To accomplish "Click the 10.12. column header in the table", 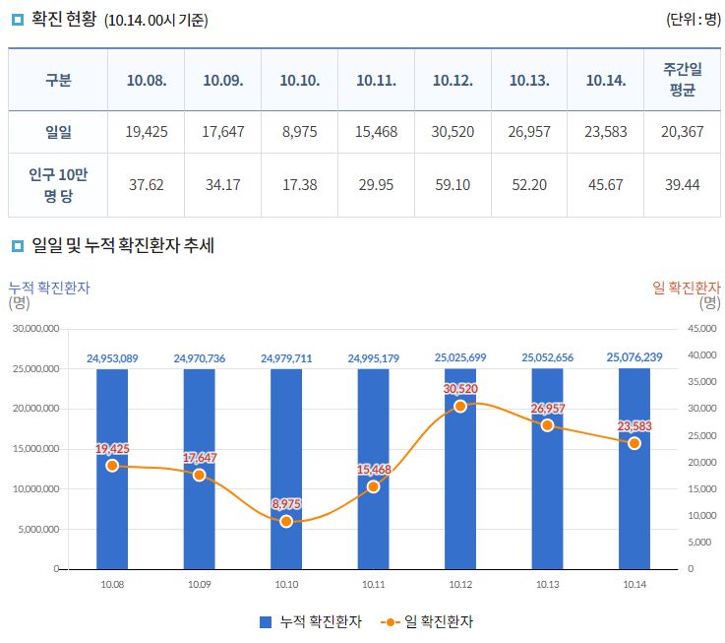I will point(453,80).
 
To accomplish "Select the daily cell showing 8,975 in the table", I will point(299,132).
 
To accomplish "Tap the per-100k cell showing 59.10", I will point(453,184).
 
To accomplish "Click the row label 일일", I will point(58,132).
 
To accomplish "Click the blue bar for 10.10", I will point(286,492).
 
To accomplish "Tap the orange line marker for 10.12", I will point(460,406).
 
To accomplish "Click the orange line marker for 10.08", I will point(112,465).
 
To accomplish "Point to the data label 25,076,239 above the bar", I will point(634,357).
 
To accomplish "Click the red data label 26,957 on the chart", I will point(547,408).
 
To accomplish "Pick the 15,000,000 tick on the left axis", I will point(34,449).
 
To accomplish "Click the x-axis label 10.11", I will point(373,584).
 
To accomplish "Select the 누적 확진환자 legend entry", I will point(311,621).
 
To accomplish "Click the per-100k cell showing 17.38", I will point(299,184).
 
